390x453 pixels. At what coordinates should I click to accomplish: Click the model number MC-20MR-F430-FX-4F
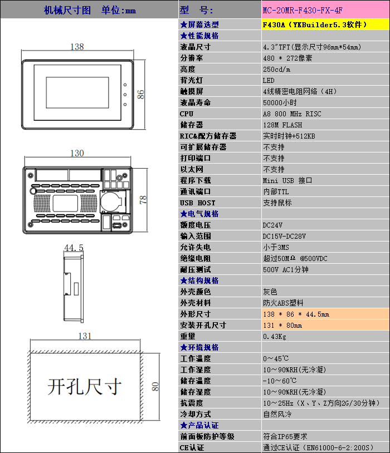point(303,11)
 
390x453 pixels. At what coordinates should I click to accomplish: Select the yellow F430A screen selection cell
point(325,24)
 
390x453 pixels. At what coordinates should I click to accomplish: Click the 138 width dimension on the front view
point(77,47)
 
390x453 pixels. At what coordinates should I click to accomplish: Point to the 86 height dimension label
point(140,95)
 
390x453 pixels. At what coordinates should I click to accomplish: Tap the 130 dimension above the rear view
point(77,153)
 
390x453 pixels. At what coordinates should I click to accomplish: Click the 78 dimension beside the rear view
point(143,200)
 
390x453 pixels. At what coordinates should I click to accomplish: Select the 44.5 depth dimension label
point(74,248)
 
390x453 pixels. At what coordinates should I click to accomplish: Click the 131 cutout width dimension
point(85,336)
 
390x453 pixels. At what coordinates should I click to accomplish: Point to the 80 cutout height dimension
point(155,387)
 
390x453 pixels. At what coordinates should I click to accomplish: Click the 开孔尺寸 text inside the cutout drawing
point(85,387)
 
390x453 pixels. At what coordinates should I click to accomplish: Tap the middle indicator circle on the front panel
point(125,95)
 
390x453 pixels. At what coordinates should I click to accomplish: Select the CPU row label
point(187,114)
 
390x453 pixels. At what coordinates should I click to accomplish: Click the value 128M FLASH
point(282,125)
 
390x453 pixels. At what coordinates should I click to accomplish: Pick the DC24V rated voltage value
point(272,225)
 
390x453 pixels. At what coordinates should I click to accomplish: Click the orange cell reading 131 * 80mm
point(325,325)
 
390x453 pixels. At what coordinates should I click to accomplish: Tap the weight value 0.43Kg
point(275,337)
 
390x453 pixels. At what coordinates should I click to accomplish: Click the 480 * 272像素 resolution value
point(287,58)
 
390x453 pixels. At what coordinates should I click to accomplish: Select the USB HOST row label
point(198,203)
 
